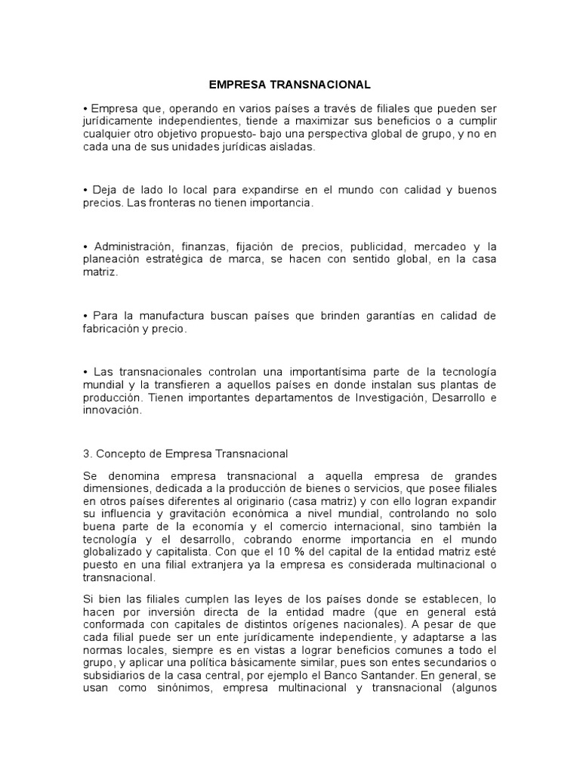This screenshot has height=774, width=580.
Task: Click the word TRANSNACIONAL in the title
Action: coord(326,86)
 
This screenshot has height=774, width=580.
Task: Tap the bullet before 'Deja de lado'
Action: coord(85,189)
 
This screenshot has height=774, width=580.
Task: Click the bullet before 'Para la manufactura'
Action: coord(85,314)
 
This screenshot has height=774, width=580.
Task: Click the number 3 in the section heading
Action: coord(85,454)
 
